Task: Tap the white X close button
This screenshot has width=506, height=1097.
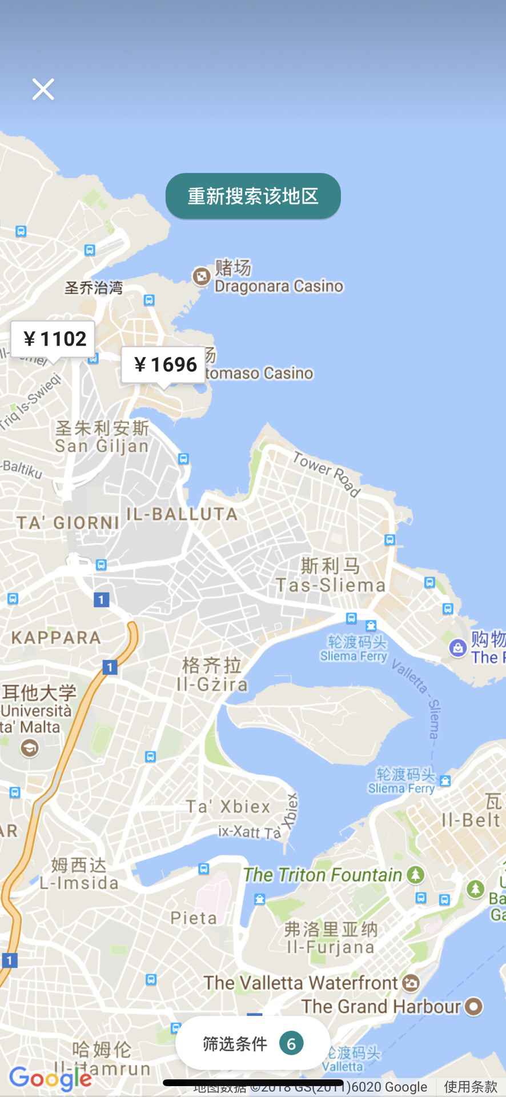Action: (x=43, y=89)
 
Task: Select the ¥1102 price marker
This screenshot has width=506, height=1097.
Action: (x=53, y=339)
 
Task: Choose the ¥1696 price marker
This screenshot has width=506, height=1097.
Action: (x=163, y=364)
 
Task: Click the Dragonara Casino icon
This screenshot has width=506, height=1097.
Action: (x=201, y=277)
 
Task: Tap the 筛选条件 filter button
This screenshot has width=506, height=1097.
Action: (x=235, y=1044)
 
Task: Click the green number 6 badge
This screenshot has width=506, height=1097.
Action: (x=291, y=1044)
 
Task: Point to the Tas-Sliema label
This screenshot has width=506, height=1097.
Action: (x=331, y=584)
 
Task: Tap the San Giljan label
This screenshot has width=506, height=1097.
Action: (x=102, y=445)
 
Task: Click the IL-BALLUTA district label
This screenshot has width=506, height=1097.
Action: (x=182, y=514)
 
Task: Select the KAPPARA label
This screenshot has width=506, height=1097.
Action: (x=56, y=637)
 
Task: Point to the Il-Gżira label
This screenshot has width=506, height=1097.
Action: (x=212, y=684)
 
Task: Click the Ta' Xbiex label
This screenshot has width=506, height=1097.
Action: (x=228, y=806)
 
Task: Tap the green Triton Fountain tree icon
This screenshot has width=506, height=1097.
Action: (x=416, y=874)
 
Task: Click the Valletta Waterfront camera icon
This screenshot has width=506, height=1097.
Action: (x=411, y=983)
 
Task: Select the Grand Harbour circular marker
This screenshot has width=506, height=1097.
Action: (x=473, y=1006)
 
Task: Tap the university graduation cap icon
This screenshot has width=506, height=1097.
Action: (x=29, y=748)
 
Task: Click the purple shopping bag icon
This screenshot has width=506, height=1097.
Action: (x=457, y=648)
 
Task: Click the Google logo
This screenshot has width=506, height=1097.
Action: (x=50, y=1077)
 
